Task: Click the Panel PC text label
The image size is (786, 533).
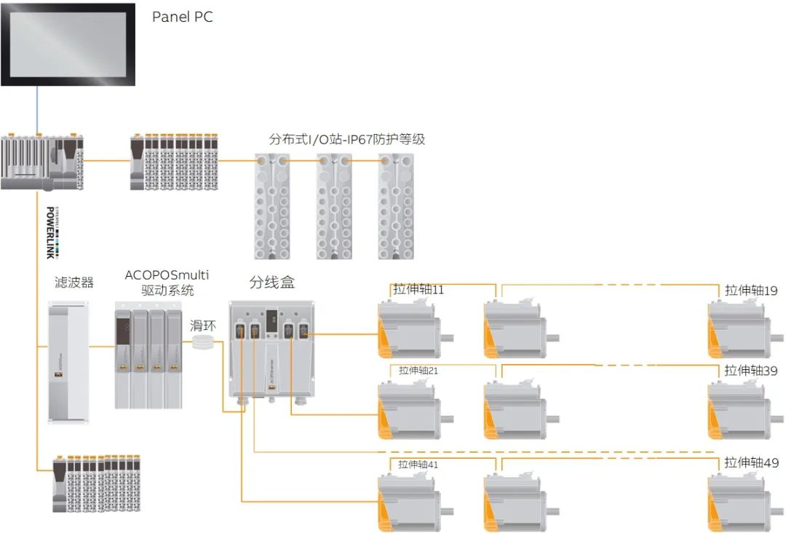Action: [x=182, y=17]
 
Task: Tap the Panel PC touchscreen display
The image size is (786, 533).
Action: [x=68, y=44]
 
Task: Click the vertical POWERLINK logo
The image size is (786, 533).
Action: [x=51, y=232]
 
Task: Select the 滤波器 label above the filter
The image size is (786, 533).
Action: [x=74, y=283]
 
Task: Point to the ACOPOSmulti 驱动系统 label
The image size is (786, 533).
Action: [x=167, y=283]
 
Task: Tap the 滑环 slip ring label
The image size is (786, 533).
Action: [x=202, y=325]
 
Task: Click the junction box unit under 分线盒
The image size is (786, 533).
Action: [x=271, y=350]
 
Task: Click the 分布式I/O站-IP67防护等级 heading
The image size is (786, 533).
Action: [x=347, y=139]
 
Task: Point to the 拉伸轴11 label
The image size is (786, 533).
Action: [x=418, y=290]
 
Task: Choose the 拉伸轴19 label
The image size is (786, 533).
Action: [x=751, y=291]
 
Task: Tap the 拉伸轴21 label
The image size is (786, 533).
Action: [x=418, y=371]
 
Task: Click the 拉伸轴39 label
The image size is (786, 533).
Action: [x=751, y=371]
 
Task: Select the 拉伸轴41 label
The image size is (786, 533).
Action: [x=418, y=464]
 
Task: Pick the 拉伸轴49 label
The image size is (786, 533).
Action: [x=751, y=463]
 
